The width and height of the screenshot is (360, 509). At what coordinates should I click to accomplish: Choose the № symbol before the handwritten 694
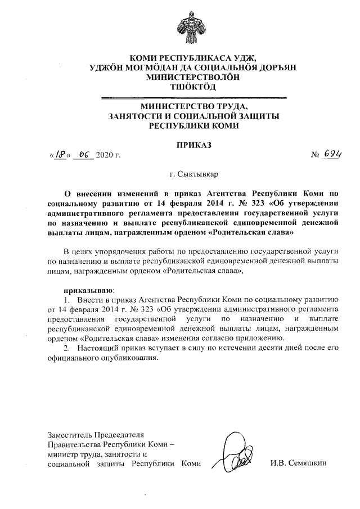pos(315,155)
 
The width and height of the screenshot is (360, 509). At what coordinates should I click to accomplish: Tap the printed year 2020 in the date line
pos(105,155)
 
